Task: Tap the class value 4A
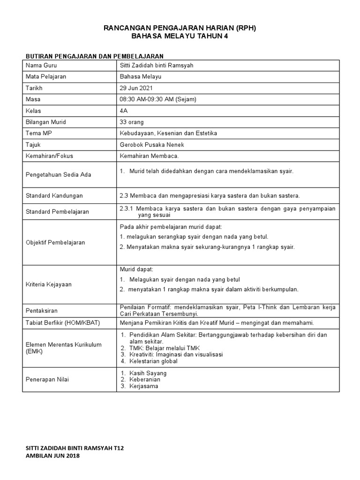124,111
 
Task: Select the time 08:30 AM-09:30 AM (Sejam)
158,99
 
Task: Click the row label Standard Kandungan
54,195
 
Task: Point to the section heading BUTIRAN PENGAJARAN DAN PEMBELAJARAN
94,56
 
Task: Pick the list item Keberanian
145,380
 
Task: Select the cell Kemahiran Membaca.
150,156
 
